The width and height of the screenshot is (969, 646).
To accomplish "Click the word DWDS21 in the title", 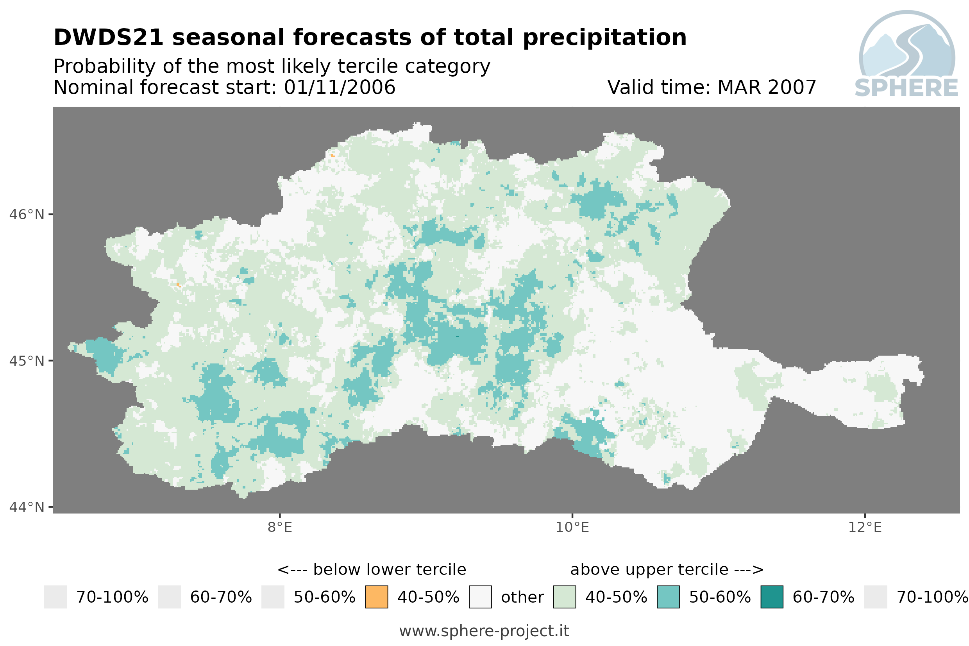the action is click(109, 37).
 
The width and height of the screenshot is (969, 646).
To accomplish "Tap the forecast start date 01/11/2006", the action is click(339, 87).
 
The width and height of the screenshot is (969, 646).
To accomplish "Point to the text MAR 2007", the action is click(766, 87).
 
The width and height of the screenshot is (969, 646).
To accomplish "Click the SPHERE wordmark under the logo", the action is click(906, 88).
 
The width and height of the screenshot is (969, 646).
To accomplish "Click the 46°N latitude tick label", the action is click(26, 215).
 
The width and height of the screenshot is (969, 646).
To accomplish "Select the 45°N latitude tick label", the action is click(26, 361).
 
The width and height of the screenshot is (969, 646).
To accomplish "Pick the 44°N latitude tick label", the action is click(26, 507).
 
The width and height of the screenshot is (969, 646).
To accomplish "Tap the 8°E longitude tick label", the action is click(280, 527).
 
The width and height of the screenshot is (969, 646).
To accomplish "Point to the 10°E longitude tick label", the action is click(572, 527).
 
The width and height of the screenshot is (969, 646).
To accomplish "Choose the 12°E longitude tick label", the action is click(864, 527).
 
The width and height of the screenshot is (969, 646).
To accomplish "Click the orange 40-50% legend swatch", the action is click(376, 596).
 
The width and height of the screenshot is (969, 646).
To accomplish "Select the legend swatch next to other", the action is click(480, 596).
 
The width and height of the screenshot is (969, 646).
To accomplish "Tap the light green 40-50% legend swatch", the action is click(564, 596).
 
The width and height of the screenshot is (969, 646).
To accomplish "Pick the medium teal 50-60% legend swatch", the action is click(668, 596).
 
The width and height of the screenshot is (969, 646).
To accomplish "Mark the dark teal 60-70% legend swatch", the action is click(772, 596).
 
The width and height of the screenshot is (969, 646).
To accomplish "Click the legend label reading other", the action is click(522, 597).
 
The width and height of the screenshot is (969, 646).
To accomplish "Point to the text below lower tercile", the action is click(389, 569).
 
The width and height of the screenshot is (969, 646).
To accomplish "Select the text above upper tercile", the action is click(649, 570).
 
